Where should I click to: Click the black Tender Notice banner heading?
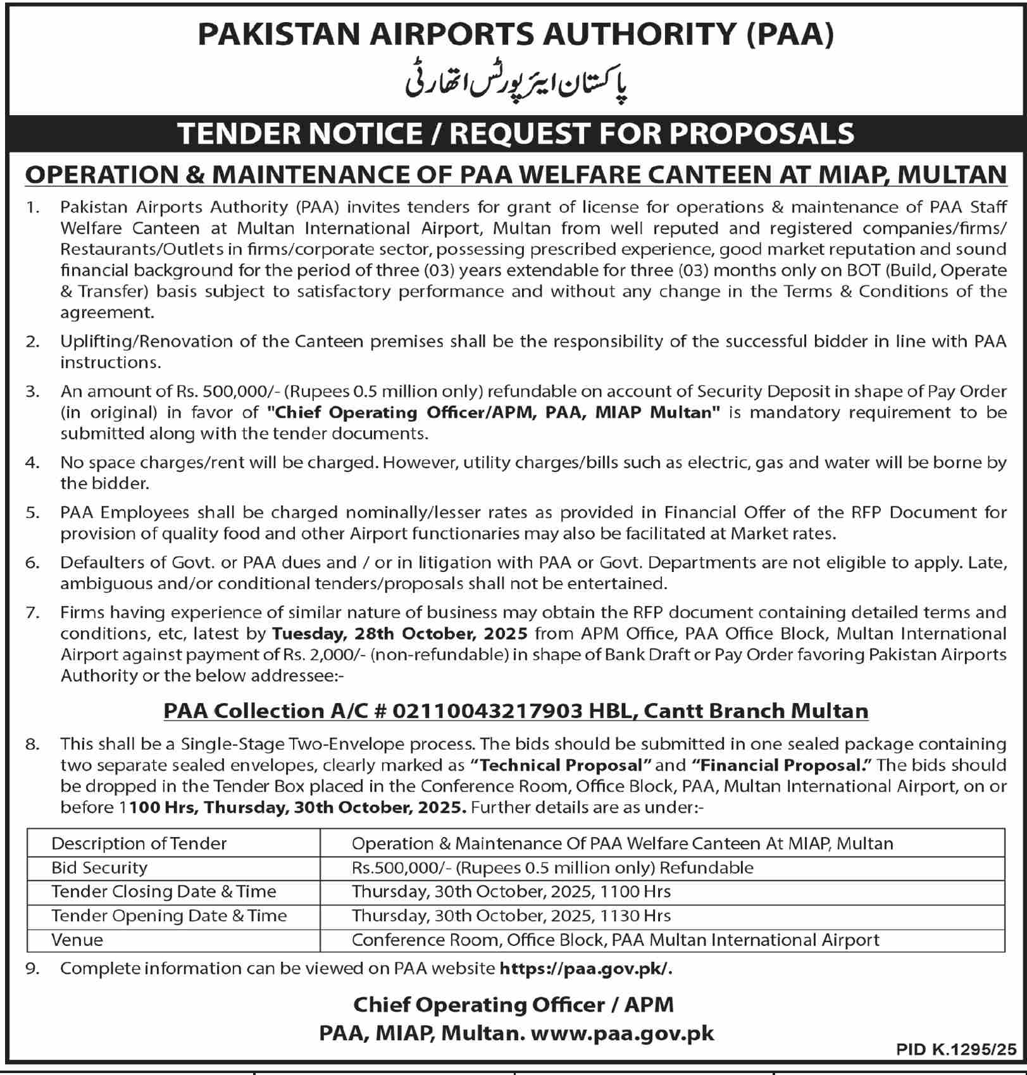point(516,133)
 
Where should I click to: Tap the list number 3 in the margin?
point(32,391)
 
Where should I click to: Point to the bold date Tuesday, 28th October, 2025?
point(400,633)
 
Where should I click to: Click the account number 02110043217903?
point(488,711)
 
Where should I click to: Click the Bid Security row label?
point(99,867)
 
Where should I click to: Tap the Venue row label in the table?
point(77,940)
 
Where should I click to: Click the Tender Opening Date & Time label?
point(169,916)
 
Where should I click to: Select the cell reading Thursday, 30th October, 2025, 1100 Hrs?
point(511,892)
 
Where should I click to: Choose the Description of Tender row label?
point(139,843)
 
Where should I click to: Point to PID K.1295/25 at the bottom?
point(955,1050)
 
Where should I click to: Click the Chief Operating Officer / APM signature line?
point(513,1004)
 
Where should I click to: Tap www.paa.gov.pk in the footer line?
point(623,1033)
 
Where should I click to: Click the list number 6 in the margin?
point(32,562)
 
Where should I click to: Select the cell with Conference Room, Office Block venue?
point(615,940)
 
